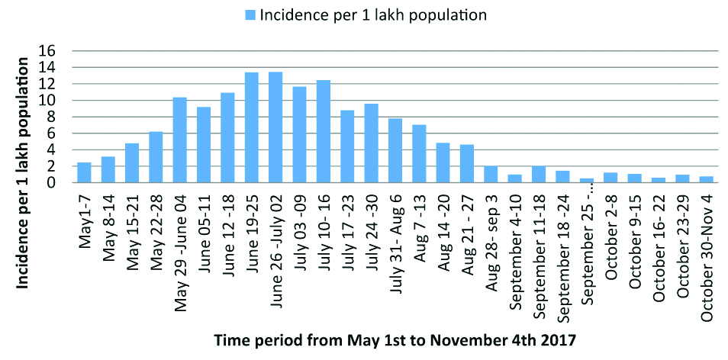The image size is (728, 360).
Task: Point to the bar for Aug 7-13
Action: (x=419, y=153)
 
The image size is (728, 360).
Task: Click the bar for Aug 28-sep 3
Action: (x=491, y=174)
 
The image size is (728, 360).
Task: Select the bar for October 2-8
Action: (x=610, y=178)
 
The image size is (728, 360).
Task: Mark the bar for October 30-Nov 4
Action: (x=706, y=179)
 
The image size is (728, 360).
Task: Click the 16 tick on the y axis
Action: (x=63, y=51)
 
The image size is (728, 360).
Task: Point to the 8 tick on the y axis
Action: (x=66, y=117)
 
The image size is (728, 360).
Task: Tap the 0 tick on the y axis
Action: (x=66, y=183)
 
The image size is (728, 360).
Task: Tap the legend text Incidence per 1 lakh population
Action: (x=373, y=15)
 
